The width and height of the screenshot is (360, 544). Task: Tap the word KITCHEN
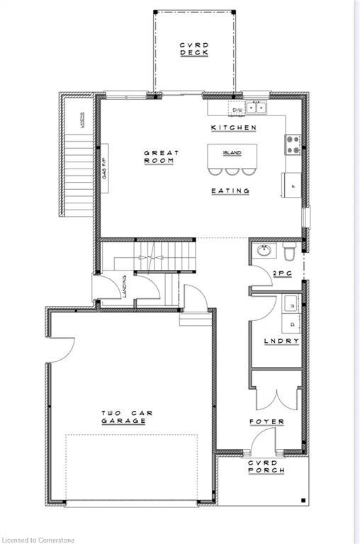coord(233,127)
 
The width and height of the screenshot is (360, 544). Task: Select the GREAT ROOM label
coord(162,157)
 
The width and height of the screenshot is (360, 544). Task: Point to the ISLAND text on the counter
coord(232,153)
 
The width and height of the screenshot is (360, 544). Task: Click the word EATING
coord(230,191)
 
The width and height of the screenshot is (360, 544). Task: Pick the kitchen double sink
coord(256,108)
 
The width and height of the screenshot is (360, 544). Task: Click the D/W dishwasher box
coord(236,109)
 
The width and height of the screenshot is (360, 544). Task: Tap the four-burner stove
coord(292,144)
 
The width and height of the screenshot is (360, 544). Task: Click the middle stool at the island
coord(232,171)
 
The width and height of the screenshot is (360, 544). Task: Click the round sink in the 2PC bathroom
coord(264,251)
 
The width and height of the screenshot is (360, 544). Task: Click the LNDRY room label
coord(281,341)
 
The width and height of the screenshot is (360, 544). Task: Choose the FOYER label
coord(266,421)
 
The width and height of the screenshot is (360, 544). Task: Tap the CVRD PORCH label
coord(266,466)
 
